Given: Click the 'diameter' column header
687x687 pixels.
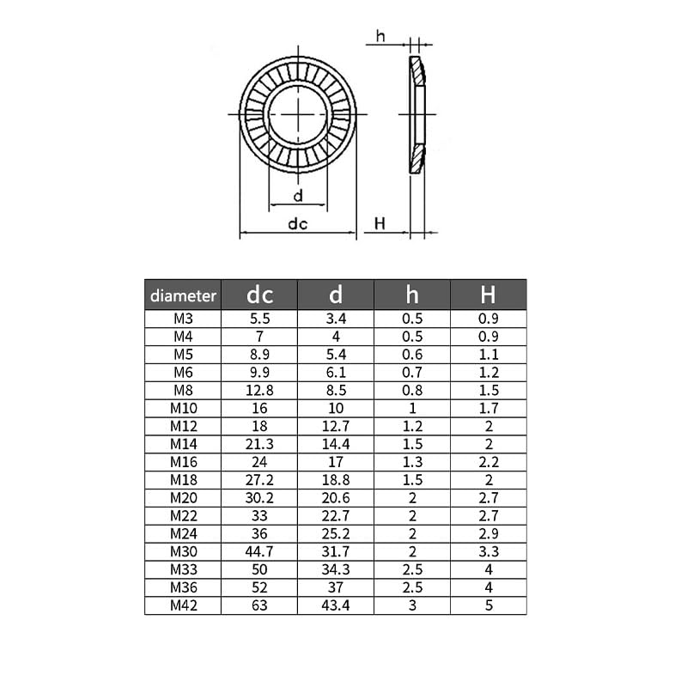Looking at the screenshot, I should tap(183, 295).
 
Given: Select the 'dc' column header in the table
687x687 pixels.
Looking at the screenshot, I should tap(259, 295).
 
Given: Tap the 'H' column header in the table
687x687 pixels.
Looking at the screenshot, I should tap(488, 295).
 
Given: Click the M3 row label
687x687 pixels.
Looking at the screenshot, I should tap(183, 318).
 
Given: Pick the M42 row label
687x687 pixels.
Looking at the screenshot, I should tap(183, 605).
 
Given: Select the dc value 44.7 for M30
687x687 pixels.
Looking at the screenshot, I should tap(259, 551).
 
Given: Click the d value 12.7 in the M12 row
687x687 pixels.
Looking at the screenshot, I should tap(336, 426).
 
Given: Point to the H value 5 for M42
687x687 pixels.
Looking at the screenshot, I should tap(488, 605).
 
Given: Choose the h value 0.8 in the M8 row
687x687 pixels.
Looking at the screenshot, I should tap(412, 390).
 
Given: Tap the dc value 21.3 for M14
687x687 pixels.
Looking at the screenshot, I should tap(259, 444).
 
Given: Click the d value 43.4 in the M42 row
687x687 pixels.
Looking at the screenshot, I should tap(336, 605).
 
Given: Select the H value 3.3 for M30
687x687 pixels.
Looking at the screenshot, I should tap(488, 551).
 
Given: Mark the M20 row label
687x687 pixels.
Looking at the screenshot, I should tap(183, 497).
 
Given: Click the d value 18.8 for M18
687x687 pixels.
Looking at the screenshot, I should tap(336, 480).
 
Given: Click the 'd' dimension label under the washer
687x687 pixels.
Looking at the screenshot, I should tap(298, 196).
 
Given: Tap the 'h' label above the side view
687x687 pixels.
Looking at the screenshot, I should tap(380, 36).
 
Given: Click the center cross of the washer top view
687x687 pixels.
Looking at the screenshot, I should tap(298, 113).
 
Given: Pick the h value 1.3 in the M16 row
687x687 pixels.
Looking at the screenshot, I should tap(412, 462).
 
